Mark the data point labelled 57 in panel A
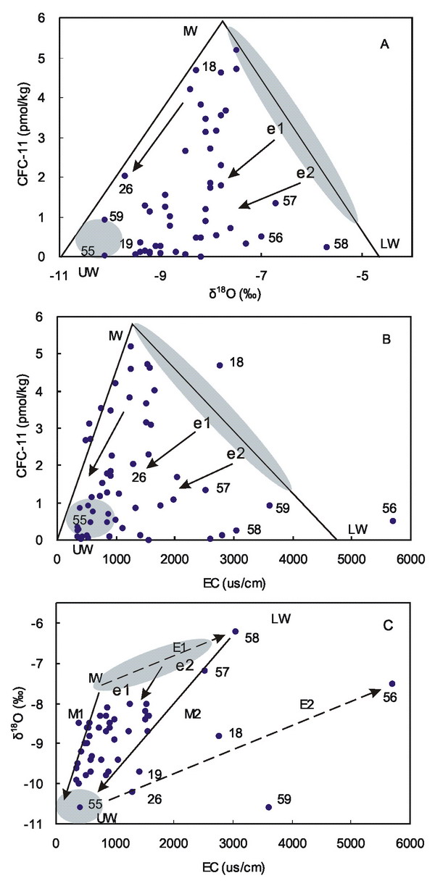point(275,203)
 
